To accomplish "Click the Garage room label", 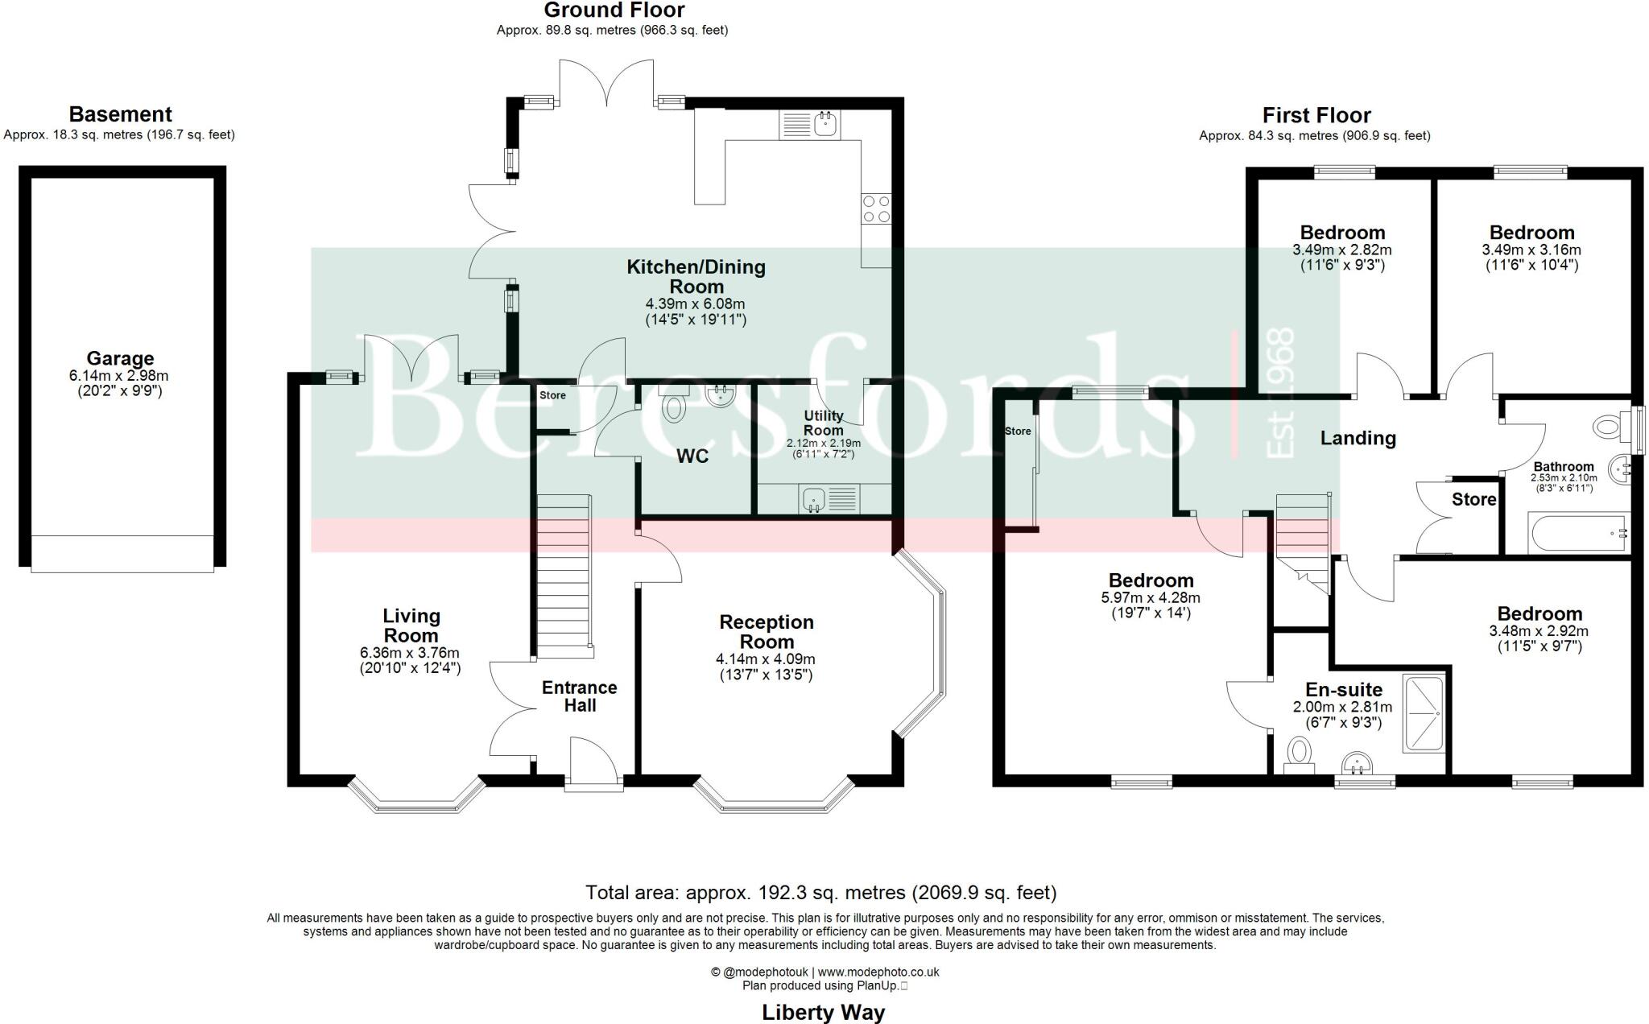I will [x=120, y=358].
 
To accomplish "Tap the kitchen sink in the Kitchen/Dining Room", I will [x=809, y=125].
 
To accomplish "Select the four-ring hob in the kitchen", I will [x=876, y=209].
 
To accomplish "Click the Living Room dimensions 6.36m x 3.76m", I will [x=411, y=653].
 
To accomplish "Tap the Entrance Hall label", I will [x=579, y=696].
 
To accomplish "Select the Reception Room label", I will [x=767, y=631].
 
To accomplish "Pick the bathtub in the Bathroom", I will [x=1568, y=534].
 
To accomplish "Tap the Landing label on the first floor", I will [x=1358, y=438].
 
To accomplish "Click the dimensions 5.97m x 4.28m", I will [x=1151, y=598].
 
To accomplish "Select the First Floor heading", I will [x=1316, y=115].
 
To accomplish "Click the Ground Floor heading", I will [x=614, y=10].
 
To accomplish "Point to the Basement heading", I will [x=120, y=114].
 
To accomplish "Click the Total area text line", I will [x=820, y=892].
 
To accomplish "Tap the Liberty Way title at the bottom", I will [x=823, y=1012].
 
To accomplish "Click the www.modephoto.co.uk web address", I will [x=878, y=972].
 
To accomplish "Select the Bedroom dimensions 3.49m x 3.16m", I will [x=1531, y=250].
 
